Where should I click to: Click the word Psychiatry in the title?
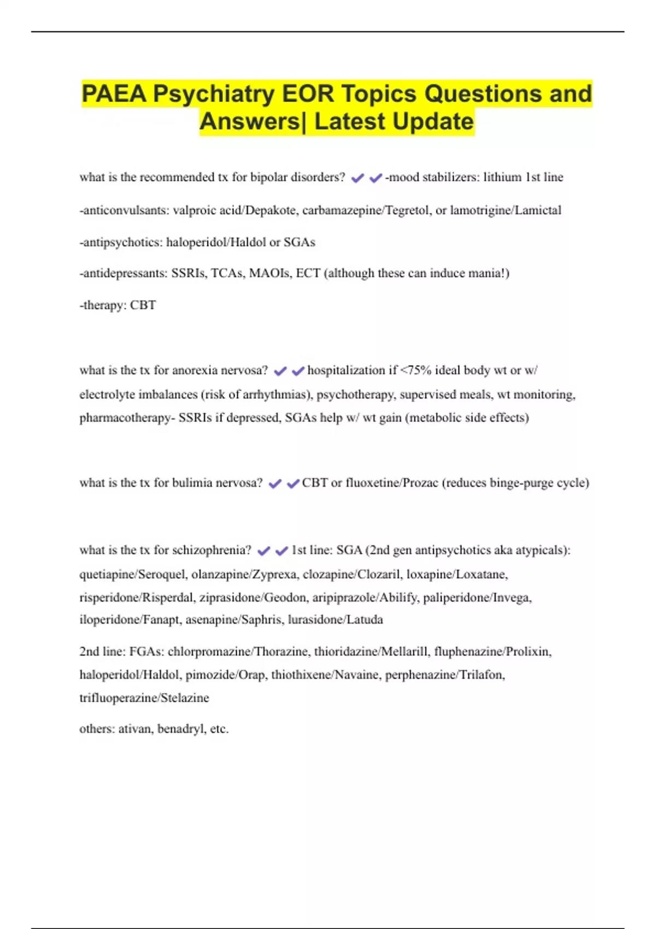[214, 94]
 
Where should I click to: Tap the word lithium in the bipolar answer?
[502, 177]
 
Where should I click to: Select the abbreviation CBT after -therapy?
[143, 305]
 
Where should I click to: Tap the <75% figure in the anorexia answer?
[416, 371]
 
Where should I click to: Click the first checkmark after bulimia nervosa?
[275, 484]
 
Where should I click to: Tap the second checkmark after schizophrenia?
[282, 551]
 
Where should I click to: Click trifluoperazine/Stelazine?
[144, 698]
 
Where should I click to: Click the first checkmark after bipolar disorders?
[358, 178]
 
